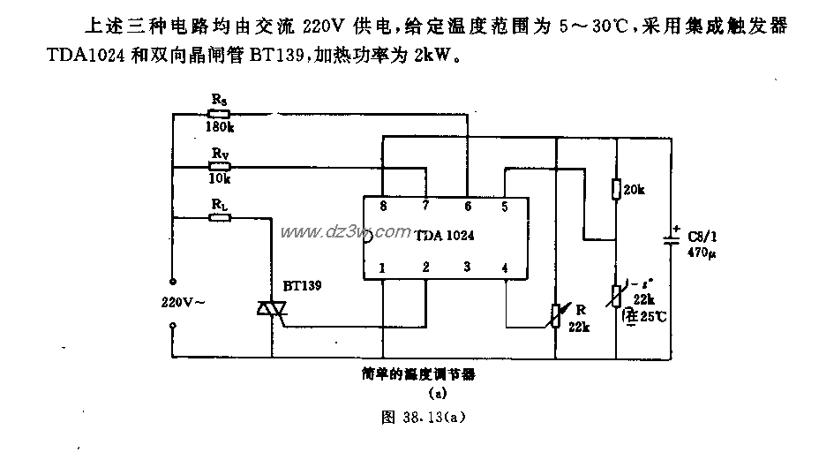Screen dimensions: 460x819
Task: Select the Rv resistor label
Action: click(x=219, y=151)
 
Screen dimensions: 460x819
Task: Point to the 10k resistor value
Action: click(x=219, y=177)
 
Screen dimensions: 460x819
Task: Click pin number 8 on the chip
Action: click(x=382, y=206)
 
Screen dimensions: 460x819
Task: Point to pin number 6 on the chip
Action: click(x=467, y=206)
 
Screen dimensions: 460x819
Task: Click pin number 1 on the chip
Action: click(x=382, y=267)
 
